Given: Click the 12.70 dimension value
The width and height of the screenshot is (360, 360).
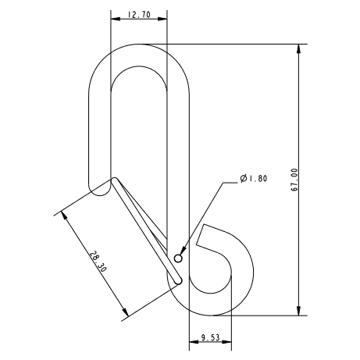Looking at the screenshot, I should click(x=138, y=14).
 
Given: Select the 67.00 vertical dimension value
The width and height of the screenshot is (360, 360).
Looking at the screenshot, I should click(x=294, y=180).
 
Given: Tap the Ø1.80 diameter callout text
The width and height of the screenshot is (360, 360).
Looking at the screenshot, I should click(x=254, y=179).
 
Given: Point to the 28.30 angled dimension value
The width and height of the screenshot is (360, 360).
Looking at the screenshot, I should click(x=97, y=261).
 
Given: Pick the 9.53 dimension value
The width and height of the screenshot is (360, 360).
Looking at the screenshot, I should click(x=209, y=337).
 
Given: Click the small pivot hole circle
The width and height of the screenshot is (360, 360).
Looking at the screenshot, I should click(x=179, y=258).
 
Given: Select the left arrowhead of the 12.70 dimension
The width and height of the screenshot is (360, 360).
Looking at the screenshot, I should click(x=114, y=20).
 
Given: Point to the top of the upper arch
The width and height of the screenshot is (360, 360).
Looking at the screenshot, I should click(x=138, y=45).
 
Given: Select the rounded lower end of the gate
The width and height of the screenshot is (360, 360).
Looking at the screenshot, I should click(x=178, y=279).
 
